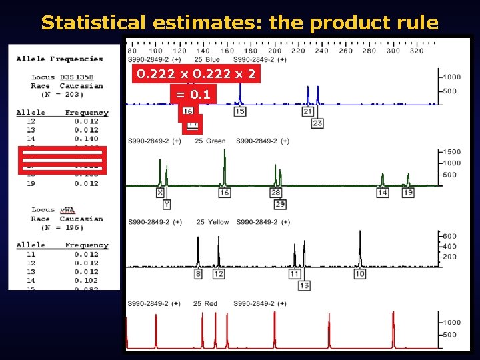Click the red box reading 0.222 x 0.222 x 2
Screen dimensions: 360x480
[196, 74]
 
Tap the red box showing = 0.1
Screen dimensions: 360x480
[192, 95]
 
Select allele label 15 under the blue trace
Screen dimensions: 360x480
[240, 111]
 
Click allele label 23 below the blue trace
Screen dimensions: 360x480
[317, 123]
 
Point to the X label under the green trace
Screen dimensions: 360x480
[160, 192]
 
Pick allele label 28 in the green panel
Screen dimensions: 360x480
[275, 192]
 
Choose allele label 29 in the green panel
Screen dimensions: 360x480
[280, 204]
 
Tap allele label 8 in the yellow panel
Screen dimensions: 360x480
[198, 274]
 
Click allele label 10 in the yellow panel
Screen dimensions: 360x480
[360, 274]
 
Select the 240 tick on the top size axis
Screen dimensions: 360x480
[321, 51]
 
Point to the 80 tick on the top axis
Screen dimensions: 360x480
[132, 51]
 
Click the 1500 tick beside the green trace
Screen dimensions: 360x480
[452, 152]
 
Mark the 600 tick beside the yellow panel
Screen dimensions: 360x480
[450, 235]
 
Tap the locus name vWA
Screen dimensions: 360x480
[67, 210]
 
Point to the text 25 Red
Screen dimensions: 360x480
[205, 303]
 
